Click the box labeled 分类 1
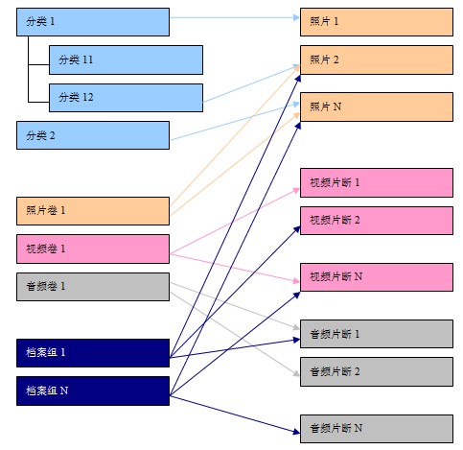(93, 22)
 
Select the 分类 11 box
(126, 59)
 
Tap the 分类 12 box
(126, 98)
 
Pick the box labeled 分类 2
(93, 135)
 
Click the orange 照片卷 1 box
(93, 211)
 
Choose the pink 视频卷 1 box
(93, 249)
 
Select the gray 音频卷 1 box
(93, 287)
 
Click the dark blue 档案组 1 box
(93, 353)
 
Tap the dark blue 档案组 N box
(93, 391)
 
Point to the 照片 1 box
(377, 22)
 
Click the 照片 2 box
(377, 59)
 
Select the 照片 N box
(377, 107)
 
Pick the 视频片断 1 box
(377, 182)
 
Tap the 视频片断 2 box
(377, 221)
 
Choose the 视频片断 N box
(377, 277)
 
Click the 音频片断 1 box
(377, 334)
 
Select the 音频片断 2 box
(377, 371)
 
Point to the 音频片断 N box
(377, 429)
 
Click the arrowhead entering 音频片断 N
(297, 432)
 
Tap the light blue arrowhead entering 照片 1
(297, 17)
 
